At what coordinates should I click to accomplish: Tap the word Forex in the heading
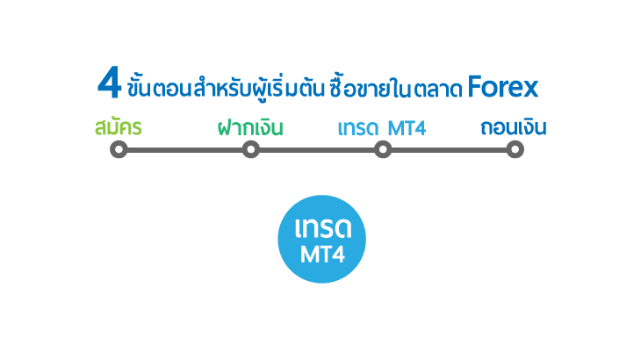pyautogui.click(x=502, y=88)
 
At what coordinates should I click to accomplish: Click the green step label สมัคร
pyautogui.click(x=119, y=128)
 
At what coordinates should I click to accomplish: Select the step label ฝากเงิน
pyautogui.click(x=250, y=128)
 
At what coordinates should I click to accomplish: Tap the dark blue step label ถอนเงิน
pyautogui.click(x=514, y=128)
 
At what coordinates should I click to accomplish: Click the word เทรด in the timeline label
pyautogui.click(x=358, y=128)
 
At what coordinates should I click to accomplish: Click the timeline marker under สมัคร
pyautogui.click(x=119, y=150)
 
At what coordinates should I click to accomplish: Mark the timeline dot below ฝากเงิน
pyautogui.click(x=250, y=150)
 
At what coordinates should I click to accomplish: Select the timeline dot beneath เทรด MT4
pyautogui.click(x=382, y=150)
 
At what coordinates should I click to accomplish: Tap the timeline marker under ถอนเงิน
pyautogui.click(x=515, y=150)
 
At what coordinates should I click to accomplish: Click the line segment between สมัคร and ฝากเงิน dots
pyautogui.click(x=184, y=150)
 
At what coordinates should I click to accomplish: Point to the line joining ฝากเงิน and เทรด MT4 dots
pyautogui.click(x=316, y=150)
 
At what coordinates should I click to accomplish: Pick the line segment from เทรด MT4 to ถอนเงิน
pyautogui.click(x=448, y=150)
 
